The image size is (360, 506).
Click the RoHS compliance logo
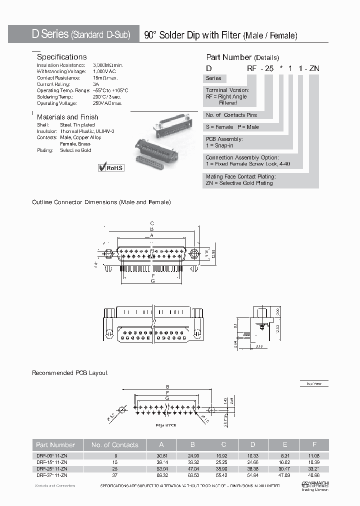tap(110, 167)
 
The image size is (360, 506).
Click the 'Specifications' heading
tap(62, 57)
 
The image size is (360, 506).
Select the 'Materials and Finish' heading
tap(67, 117)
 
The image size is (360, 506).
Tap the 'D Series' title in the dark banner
tap(50, 34)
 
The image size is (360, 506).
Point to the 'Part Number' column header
tap(55, 444)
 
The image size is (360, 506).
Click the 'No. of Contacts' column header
tap(114, 444)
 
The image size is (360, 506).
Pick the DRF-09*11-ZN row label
tap(51, 455)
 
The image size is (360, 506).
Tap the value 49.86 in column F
tap(313, 475)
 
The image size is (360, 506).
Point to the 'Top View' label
tap(314, 383)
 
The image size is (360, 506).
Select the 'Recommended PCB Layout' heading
tap(69, 373)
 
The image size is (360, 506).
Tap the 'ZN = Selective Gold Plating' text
tap(239, 183)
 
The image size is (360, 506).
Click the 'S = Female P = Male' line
tap(232, 127)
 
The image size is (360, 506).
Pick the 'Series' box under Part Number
tap(214, 78)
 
